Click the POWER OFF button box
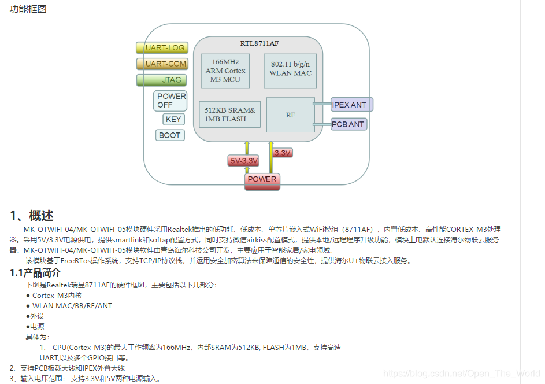[171, 101]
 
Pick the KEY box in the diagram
[173, 119]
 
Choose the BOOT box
[170, 135]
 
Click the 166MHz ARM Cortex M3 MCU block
[225, 71]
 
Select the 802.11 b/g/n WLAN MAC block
[290, 71]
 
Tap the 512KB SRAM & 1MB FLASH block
[230, 115]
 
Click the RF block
[290, 115]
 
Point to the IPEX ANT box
[350, 105]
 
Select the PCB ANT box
[348, 124]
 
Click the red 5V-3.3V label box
[243, 161]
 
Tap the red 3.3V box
[283, 153]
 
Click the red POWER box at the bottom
[262, 180]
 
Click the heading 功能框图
[28, 9]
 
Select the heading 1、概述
[32, 216]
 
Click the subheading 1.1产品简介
[35, 272]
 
